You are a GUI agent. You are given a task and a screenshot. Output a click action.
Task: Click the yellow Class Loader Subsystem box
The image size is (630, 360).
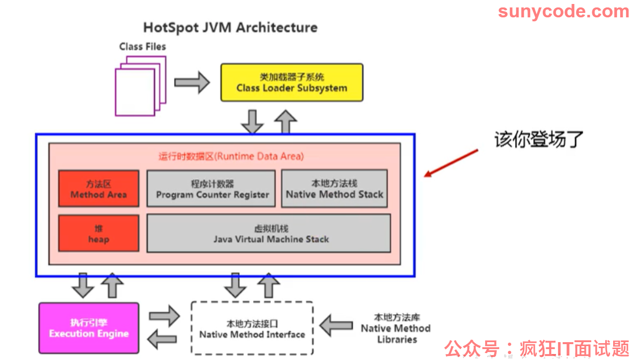tap(292, 82)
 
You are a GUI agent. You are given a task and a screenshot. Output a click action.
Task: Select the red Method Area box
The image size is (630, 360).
tap(98, 188)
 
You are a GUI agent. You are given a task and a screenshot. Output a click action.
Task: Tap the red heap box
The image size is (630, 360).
tap(98, 233)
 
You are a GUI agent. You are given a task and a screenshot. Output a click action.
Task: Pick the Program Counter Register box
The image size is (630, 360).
tap(211, 188)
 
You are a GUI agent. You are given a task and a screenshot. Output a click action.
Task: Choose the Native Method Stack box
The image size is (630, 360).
tap(334, 188)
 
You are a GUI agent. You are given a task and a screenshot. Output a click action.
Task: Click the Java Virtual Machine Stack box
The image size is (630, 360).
tap(268, 233)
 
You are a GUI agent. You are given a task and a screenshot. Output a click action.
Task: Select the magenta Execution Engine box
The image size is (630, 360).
tap(89, 328)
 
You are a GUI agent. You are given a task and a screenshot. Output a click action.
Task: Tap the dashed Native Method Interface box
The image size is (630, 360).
tap(252, 328)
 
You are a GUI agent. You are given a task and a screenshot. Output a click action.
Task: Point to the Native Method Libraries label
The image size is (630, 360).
tap(396, 328)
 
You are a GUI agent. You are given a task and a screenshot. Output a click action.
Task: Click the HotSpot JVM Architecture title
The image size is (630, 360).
tap(230, 28)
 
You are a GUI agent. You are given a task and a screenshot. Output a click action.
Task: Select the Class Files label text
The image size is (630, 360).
tap(142, 47)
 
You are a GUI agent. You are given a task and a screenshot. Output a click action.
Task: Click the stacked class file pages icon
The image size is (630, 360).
tap(140, 86)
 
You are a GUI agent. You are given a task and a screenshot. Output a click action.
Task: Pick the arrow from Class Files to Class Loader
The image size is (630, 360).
tap(192, 82)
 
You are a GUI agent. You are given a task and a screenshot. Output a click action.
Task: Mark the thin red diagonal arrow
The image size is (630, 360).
tap(451, 163)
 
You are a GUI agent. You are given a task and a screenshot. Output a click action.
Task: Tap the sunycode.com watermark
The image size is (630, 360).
tap(564, 12)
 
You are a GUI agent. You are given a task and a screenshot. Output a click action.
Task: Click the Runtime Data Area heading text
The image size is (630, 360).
tap(231, 156)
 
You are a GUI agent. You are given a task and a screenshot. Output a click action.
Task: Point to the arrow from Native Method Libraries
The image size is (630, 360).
tap(336, 325)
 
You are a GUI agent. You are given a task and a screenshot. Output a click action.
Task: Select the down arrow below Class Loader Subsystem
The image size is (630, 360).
tap(252, 121)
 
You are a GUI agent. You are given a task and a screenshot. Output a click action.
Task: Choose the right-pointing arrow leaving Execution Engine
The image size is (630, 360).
tap(164, 316)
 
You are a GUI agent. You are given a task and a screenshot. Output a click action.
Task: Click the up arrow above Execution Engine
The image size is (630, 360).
tap(112, 285)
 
